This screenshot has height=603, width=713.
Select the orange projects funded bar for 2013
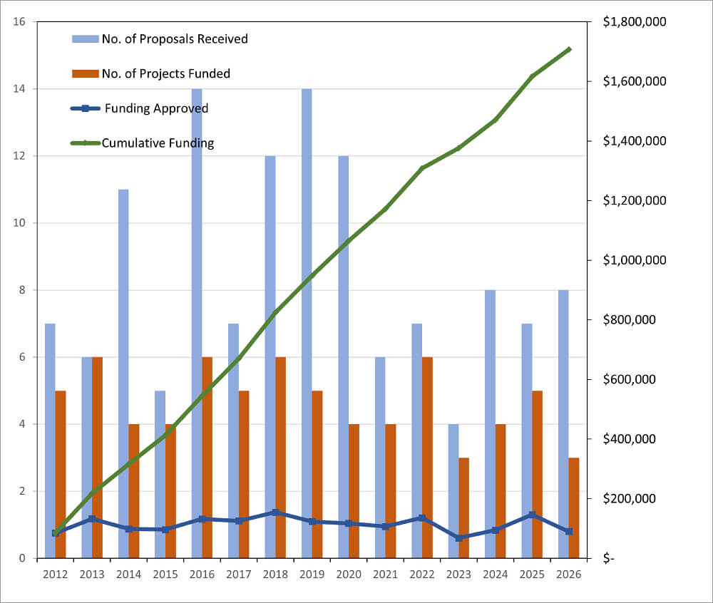97,457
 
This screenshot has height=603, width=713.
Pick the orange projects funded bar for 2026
574,507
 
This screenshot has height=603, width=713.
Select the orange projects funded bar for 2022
427,457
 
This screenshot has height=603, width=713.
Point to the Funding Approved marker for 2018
275,512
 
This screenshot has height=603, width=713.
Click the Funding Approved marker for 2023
459,537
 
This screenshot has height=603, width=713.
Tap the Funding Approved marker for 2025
532,515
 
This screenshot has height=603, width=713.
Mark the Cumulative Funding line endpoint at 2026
568,49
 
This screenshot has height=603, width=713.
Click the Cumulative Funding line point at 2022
422,168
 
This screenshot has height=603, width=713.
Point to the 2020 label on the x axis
349,574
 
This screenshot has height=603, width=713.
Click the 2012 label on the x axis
55,574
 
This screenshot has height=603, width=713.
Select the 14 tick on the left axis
20,89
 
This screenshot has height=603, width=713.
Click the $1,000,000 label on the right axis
634,260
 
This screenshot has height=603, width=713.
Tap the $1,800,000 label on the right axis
634,22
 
